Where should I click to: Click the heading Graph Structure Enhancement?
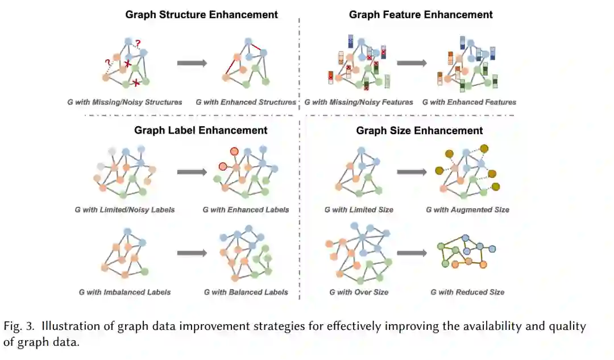pos(202,14)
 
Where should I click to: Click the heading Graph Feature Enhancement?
pos(421,14)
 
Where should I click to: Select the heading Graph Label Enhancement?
pos(201,130)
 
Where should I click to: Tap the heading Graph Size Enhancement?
pos(420,131)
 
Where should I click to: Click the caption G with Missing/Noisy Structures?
pos(125,102)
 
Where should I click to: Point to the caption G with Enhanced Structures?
pos(246,102)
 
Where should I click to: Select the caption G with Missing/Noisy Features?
pos(359,102)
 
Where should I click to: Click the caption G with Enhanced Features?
pos(469,102)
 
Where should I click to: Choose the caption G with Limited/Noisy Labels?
pos(125,210)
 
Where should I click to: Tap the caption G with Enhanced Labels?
pos(246,210)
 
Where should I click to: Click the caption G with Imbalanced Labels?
pos(125,292)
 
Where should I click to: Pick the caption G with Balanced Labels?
pos(246,292)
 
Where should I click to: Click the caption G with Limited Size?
pos(359,210)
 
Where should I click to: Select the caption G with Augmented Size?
pos(467,210)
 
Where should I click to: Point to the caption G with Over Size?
pos(359,292)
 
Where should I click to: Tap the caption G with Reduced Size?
pos(467,292)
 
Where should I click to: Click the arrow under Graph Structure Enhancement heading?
pos(192,63)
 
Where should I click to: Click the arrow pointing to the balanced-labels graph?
pos(192,253)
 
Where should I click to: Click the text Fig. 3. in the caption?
pos(18,327)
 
